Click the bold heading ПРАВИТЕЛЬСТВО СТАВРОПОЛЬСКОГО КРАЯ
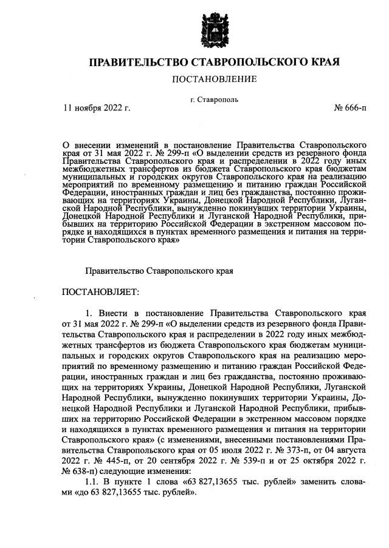(x=214, y=63)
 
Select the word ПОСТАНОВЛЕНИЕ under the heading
(x=214, y=79)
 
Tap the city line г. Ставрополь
(x=214, y=99)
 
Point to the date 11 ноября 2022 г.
(x=97, y=108)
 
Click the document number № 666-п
(x=350, y=108)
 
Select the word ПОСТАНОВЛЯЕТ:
(x=100, y=293)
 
